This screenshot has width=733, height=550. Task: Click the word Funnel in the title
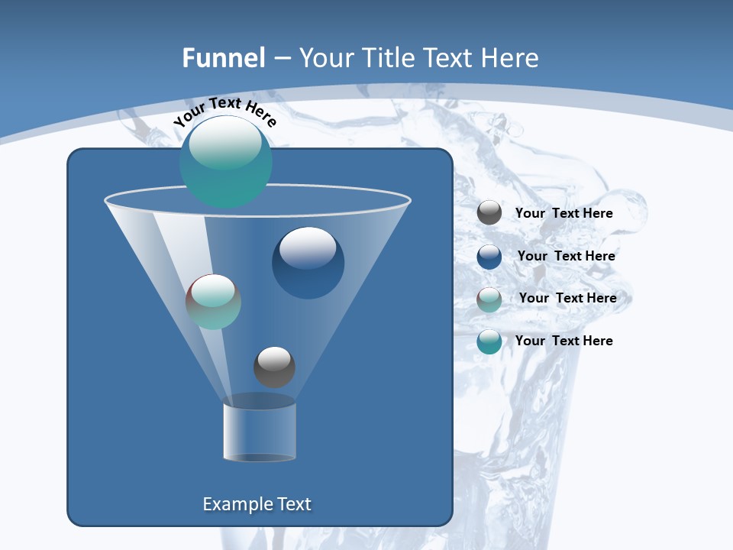223,58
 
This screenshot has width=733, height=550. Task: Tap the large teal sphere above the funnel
225,162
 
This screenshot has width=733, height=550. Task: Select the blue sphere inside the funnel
308,263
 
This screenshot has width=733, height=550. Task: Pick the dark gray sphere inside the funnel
274,367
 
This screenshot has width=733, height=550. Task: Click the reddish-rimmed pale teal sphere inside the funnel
213,302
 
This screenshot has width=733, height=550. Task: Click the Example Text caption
257,504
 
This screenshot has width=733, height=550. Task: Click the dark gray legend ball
489,213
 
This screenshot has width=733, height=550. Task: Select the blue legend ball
489,256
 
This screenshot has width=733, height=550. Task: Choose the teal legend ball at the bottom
489,341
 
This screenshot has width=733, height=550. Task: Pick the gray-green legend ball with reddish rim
489,299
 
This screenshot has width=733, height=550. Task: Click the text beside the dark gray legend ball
563,214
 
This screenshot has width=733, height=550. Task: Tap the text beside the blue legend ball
566,256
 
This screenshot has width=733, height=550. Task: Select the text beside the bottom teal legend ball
563,341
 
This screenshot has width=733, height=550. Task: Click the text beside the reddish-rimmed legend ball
567,298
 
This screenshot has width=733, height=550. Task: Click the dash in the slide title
282,58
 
